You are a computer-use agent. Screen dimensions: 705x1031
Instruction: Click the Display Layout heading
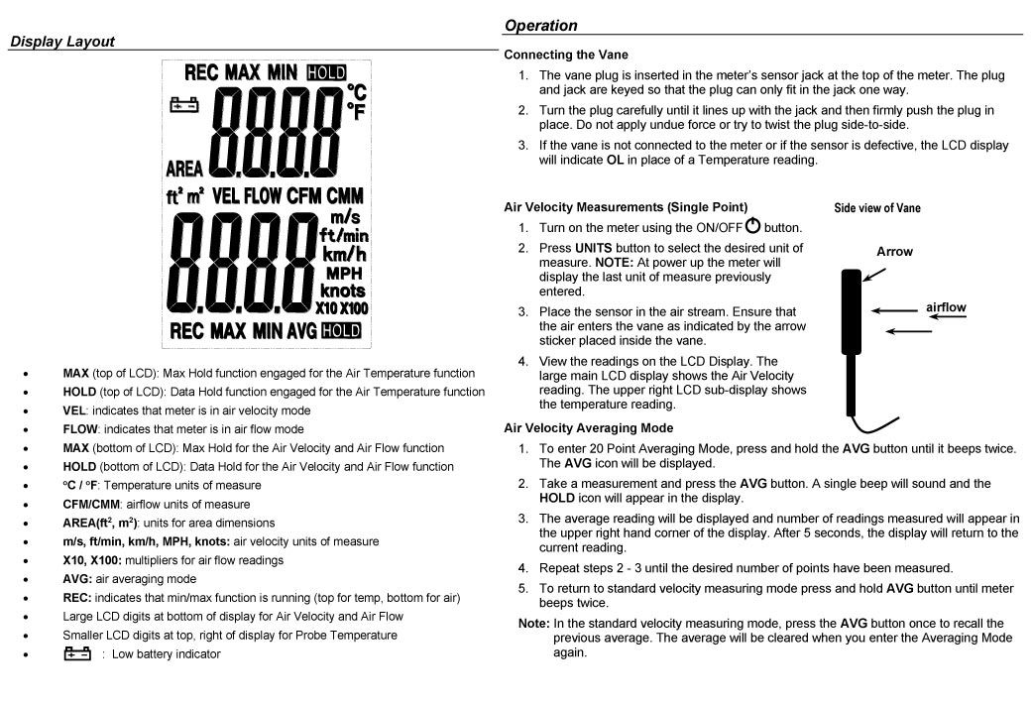point(62,42)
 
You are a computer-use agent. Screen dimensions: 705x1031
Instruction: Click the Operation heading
point(540,26)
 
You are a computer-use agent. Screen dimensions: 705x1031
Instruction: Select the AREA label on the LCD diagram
point(184,168)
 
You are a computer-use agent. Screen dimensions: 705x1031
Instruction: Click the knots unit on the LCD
point(342,291)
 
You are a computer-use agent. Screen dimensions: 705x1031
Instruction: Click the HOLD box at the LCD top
point(326,72)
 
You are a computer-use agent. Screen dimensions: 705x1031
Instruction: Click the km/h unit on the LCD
point(342,254)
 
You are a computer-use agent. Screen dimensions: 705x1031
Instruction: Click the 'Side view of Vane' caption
point(876,208)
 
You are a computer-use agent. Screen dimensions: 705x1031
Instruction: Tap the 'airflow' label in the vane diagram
point(946,307)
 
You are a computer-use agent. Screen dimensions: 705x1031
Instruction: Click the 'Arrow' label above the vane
point(894,252)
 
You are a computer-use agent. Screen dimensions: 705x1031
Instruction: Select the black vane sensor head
point(852,297)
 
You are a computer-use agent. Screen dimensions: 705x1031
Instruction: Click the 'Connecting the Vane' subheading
point(566,55)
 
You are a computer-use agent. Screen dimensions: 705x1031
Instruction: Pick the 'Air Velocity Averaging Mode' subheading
point(589,428)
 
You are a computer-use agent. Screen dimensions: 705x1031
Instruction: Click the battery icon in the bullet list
point(76,653)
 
